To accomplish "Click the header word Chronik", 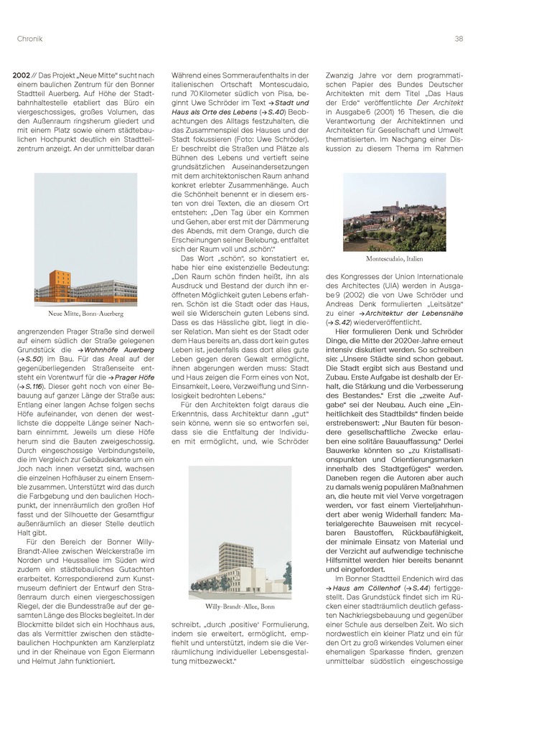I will (x=29, y=39).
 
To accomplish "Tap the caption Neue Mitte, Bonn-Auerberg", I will (x=85, y=314).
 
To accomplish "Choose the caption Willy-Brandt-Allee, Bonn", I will (x=240, y=606).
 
